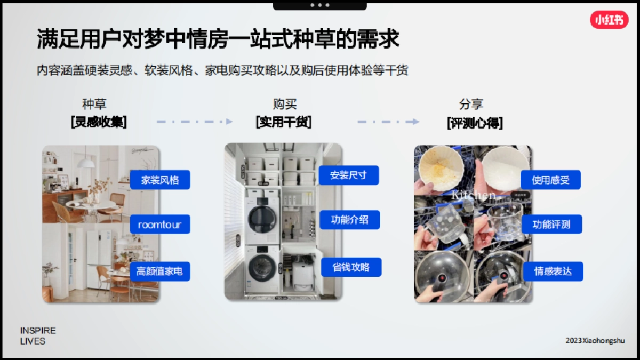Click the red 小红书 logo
(x=609, y=20)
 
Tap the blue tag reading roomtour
(x=159, y=225)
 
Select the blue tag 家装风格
(x=159, y=180)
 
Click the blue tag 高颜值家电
(x=159, y=271)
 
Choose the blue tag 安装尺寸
(x=348, y=175)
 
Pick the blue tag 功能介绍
(x=349, y=220)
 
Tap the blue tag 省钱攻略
(x=350, y=267)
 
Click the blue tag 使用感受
(x=550, y=180)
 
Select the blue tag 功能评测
(x=551, y=225)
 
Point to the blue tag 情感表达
(x=553, y=271)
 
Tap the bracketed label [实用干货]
(x=284, y=122)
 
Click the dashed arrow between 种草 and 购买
(x=195, y=122)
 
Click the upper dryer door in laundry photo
(x=262, y=217)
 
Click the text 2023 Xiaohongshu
(x=595, y=340)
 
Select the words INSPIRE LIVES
(x=37, y=336)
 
